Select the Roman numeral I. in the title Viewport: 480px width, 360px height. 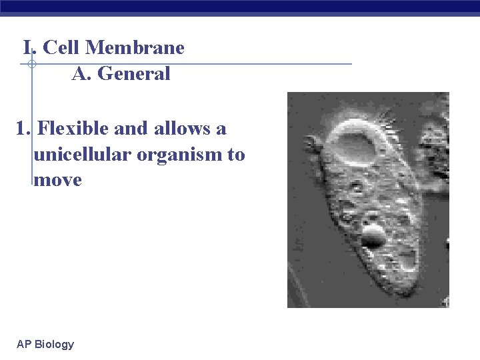(29, 48)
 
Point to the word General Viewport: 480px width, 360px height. (134, 74)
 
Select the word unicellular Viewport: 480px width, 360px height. (81, 155)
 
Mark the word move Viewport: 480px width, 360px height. (57, 180)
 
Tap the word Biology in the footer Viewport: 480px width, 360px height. (54, 345)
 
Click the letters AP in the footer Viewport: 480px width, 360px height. (24, 345)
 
